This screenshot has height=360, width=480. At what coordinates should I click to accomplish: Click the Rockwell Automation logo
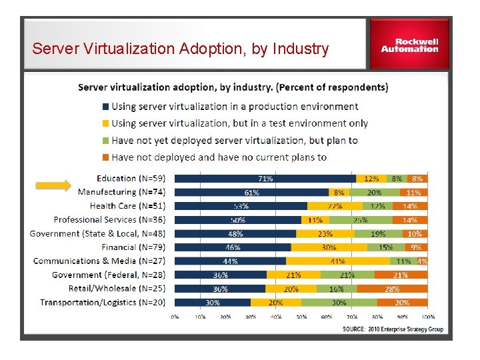[409, 44]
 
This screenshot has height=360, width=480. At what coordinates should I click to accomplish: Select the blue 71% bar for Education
[265, 179]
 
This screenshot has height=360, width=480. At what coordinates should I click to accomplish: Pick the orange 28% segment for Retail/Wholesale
[391, 289]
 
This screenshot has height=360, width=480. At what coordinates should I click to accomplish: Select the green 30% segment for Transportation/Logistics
[338, 303]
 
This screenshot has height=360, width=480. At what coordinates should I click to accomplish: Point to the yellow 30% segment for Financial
[329, 247]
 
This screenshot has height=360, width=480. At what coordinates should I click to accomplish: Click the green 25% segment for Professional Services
[360, 220]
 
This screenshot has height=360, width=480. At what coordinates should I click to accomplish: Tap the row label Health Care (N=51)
[127, 206]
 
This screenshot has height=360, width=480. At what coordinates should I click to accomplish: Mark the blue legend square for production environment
[105, 107]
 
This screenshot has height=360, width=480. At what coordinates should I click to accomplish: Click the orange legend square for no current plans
[105, 158]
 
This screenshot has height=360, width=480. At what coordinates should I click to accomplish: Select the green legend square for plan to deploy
[105, 141]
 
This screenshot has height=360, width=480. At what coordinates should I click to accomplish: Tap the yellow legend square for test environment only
[105, 123]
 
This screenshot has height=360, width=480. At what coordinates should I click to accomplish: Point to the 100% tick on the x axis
[427, 317]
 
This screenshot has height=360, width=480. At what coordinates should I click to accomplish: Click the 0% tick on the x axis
[175, 317]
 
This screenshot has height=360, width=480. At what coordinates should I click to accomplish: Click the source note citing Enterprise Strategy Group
[393, 329]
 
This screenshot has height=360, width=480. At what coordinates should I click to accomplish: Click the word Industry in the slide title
[297, 49]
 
